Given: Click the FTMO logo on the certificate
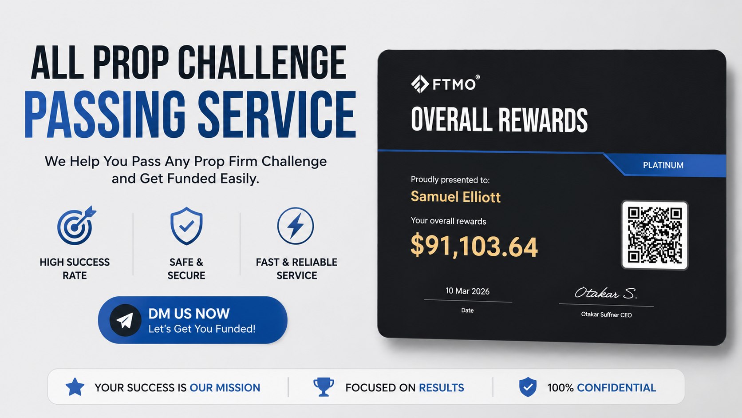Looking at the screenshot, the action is (445, 84).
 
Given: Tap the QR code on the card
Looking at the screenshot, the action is (655, 235).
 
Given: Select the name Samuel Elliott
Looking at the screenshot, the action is (455, 197).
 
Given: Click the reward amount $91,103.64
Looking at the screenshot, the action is (474, 246).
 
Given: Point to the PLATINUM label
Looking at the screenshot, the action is (663, 165).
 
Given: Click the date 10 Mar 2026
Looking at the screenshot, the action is (467, 291).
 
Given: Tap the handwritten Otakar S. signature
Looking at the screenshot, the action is (605, 293).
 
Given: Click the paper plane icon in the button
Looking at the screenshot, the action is (125, 320).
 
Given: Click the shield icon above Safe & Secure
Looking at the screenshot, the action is (186, 226).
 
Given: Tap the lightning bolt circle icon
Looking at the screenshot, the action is (295, 226).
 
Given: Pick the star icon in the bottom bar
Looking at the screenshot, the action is (75, 387).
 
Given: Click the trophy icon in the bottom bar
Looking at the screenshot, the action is (324, 387).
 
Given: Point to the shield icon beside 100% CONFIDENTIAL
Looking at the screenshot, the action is (528, 387).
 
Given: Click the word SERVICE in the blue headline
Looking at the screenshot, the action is (277, 114).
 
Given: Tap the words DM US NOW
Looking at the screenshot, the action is (189, 314).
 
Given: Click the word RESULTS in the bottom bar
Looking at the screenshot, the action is (441, 387).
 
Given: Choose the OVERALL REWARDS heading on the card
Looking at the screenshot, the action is (499, 119).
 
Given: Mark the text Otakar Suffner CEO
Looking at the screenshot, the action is (606, 314).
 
